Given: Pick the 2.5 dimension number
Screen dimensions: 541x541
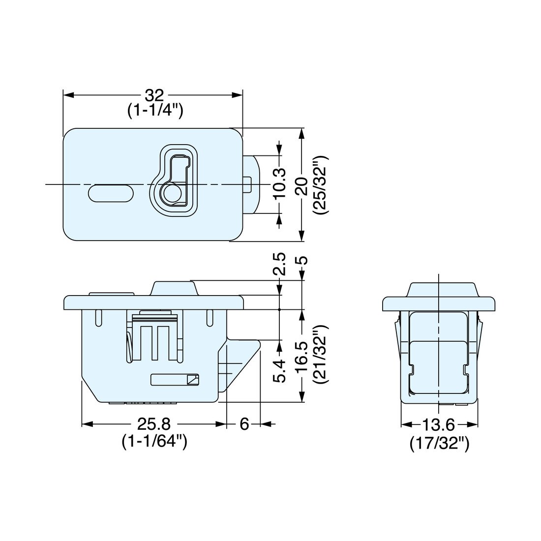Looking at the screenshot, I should click(x=279, y=265).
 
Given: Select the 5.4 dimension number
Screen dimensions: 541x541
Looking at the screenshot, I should click(x=279, y=370).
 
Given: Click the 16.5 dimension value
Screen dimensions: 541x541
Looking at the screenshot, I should click(x=302, y=356).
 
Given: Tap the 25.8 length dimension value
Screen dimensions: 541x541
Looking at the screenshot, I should click(x=153, y=424).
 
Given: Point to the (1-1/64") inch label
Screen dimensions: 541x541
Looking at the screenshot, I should click(x=153, y=441).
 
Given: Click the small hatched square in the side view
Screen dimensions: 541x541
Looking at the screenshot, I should click(x=193, y=380).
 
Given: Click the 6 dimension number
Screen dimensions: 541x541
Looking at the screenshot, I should click(x=244, y=424).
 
